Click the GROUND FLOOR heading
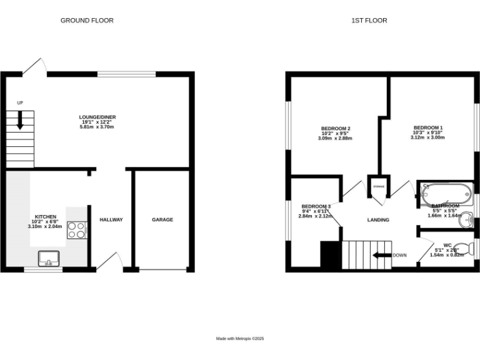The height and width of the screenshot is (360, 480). [87, 21]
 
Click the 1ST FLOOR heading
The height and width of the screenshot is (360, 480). [369, 21]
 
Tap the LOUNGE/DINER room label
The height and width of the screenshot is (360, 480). [97, 117]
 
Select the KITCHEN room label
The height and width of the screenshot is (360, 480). [46, 216]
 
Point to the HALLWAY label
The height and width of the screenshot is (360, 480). [111, 219]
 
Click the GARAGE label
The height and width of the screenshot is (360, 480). [162, 219]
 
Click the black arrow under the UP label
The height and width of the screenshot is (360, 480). [20, 119]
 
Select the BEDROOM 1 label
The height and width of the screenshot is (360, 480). [427, 127]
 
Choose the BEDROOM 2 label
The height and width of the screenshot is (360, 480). [335, 129]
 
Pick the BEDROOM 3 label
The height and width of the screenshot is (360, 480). [316, 206]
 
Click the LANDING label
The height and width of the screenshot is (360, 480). [378, 220]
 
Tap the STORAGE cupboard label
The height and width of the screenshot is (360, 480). [378, 187]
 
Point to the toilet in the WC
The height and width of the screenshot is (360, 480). [462, 246]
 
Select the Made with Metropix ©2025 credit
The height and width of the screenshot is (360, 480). [240, 338]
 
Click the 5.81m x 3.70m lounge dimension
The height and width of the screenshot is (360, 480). [97, 127]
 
